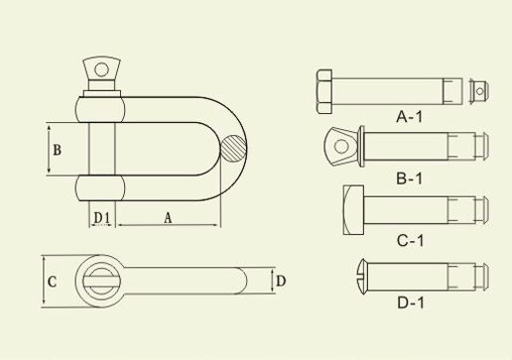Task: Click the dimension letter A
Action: click(166, 215)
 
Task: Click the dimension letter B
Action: click(58, 150)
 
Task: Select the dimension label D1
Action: click(100, 215)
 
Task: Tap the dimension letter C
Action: click(53, 282)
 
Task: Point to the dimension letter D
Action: click(281, 282)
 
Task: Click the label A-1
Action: click(410, 116)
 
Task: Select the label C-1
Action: click(410, 240)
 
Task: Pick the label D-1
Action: click(410, 300)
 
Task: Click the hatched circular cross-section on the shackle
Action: click(233, 149)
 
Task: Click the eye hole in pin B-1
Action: click(340, 148)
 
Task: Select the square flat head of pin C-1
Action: click(354, 209)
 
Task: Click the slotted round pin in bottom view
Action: click(99, 279)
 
